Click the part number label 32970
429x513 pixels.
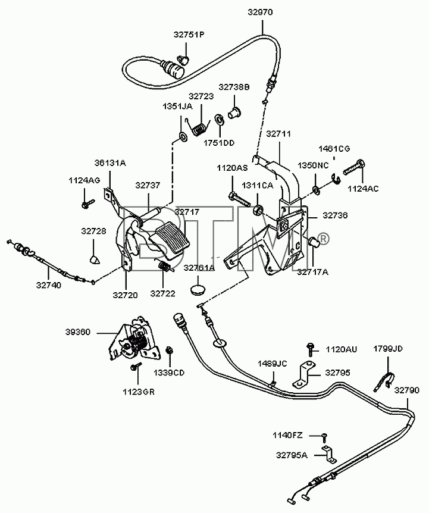pos(260,12)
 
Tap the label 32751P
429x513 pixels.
pos(189,35)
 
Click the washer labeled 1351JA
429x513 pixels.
pos(183,136)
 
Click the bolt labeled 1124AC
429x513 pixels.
pos(354,167)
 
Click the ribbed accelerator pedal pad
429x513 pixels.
pos(173,237)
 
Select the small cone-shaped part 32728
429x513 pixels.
pos(95,259)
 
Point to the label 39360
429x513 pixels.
pos(77,333)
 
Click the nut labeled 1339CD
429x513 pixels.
pos(170,351)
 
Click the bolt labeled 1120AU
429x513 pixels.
pos(309,349)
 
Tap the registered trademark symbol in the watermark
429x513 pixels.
pos(322,239)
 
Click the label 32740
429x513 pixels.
pos(49,285)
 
